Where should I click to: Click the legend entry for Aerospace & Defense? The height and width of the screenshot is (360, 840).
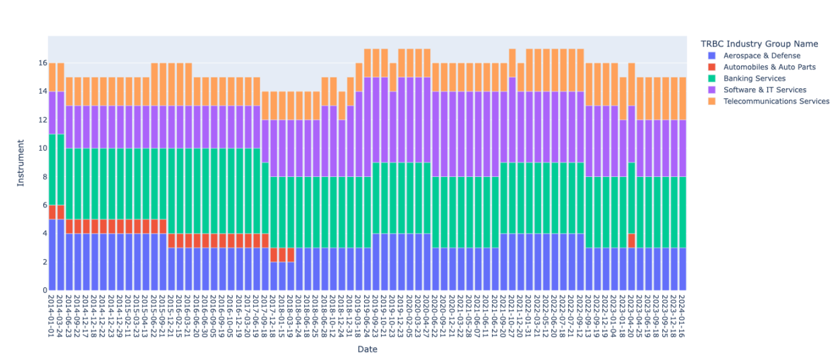(x=762, y=55)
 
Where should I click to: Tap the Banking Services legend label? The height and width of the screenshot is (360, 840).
(x=754, y=78)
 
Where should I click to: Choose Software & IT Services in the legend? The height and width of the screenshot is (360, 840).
(x=765, y=89)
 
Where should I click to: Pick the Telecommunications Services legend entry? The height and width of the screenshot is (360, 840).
(x=776, y=101)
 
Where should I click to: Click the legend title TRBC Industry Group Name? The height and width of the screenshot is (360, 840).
(x=759, y=44)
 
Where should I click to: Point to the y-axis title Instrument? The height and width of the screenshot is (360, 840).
(x=21, y=163)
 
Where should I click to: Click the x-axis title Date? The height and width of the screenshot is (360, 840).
(x=367, y=349)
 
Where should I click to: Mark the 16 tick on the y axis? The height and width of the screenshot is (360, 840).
(x=42, y=63)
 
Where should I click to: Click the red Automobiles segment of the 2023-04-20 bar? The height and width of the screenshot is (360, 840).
(x=631, y=240)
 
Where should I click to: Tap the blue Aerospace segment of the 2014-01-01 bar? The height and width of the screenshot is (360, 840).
(x=52, y=254)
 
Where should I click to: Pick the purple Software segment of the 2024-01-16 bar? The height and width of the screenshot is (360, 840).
(x=682, y=148)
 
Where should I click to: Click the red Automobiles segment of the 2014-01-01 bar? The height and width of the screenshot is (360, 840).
(x=52, y=212)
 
